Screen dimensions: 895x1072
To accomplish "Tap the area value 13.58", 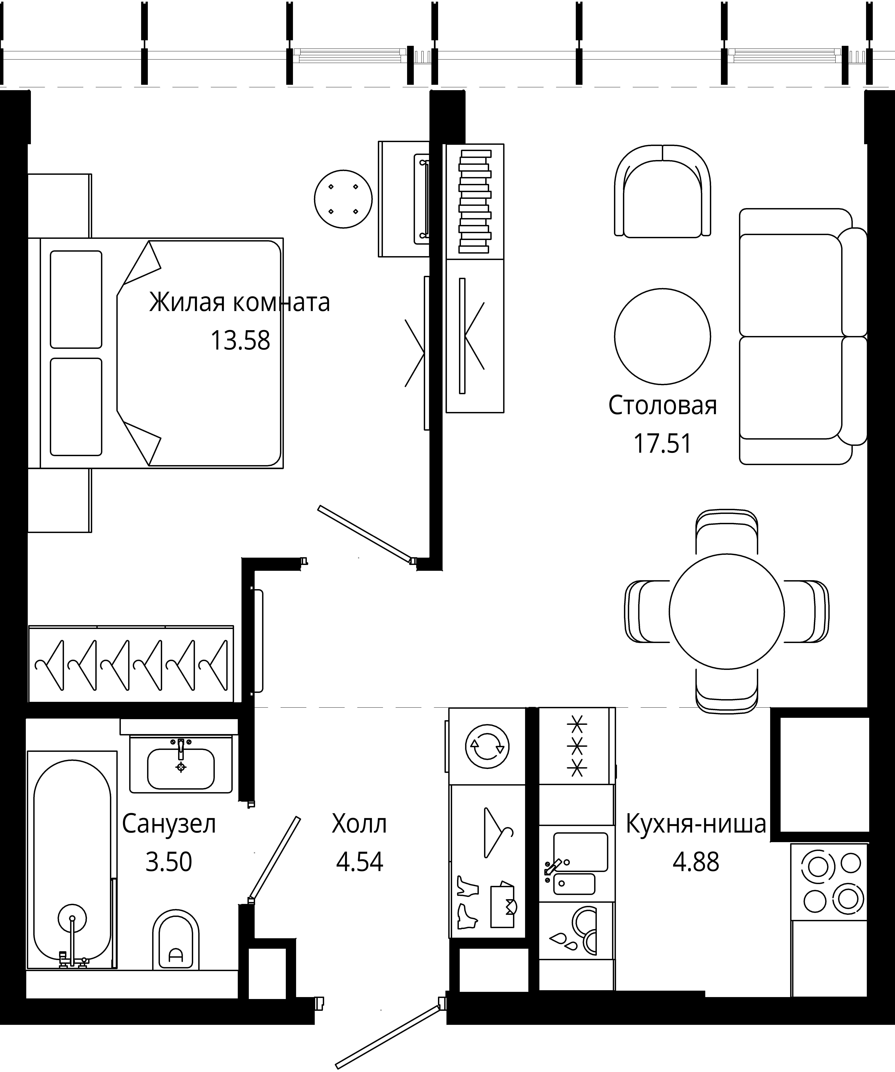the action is click(x=240, y=340).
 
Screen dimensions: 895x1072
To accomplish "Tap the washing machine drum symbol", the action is click(x=487, y=746).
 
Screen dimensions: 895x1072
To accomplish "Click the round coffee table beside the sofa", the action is click(x=662, y=336).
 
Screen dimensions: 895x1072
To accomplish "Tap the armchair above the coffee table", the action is click(x=662, y=191).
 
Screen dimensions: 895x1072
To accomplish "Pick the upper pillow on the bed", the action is click(x=76, y=299).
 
